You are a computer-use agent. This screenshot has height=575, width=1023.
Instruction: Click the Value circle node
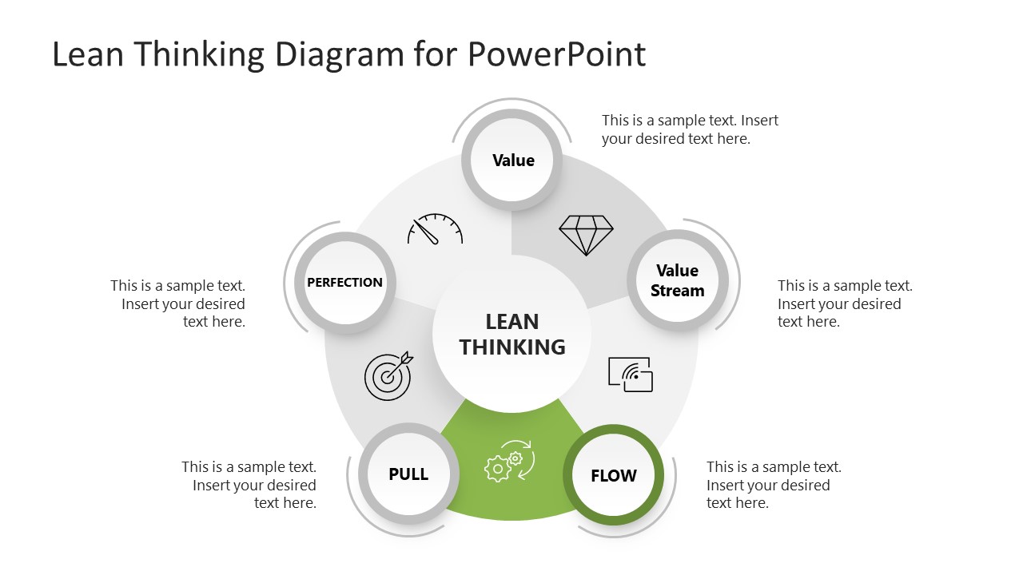click(x=513, y=160)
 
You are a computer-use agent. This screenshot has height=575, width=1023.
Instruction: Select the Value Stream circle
click(x=677, y=281)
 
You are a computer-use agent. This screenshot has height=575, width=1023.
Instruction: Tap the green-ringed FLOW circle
click(x=614, y=475)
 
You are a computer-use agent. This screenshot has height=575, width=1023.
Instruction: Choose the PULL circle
click(x=408, y=474)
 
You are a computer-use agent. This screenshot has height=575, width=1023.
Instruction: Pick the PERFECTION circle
click(x=345, y=282)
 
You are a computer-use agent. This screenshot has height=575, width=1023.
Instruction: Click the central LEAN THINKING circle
click(x=512, y=334)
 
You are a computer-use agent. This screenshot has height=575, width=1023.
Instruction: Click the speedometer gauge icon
click(x=435, y=229)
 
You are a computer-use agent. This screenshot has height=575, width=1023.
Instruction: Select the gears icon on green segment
click(x=509, y=462)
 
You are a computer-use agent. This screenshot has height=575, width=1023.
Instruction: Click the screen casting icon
click(x=631, y=374)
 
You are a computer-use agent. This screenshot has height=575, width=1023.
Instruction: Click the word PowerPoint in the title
click(x=556, y=54)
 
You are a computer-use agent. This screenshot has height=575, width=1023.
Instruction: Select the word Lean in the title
click(x=87, y=54)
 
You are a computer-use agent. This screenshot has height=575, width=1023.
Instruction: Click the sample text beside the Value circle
click(x=690, y=129)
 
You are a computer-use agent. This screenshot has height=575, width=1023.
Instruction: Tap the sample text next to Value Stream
click(x=845, y=303)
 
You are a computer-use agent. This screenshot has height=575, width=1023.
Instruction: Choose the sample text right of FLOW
click(x=774, y=485)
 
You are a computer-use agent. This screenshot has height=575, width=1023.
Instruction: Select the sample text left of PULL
click(x=249, y=485)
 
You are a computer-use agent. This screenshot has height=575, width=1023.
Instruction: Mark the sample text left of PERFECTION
click(x=178, y=303)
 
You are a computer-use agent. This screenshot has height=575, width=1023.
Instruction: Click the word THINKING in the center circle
click(x=512, y=347)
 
